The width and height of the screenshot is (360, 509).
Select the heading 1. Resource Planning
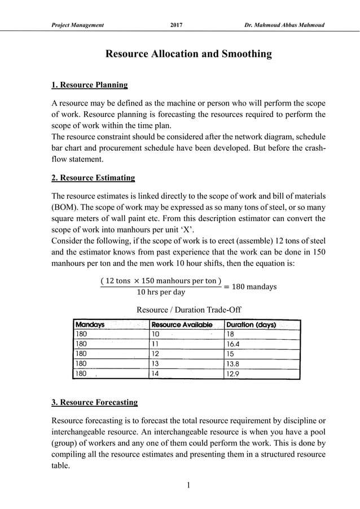pyautogui.click(x=89, y=85)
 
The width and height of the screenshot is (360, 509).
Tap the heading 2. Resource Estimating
pyautogui.click(x=93, y=178)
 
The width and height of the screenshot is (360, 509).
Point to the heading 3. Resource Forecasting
pyautogui.click(x=94, y=402)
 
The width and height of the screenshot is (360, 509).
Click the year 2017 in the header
pyautogui.click(x=176, y=25)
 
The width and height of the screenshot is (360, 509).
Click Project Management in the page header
pyautogui.click(x=77, y=25)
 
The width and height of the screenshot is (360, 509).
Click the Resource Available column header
pyautogui.click(x=182, y=324)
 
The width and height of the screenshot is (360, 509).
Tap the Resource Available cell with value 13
pyautogui.click(x=157, y=363)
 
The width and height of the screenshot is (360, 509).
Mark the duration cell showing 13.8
pyautogui.click(x=234, y=363)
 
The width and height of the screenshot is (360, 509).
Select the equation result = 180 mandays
pyautogui.click(x=250, y=287)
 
